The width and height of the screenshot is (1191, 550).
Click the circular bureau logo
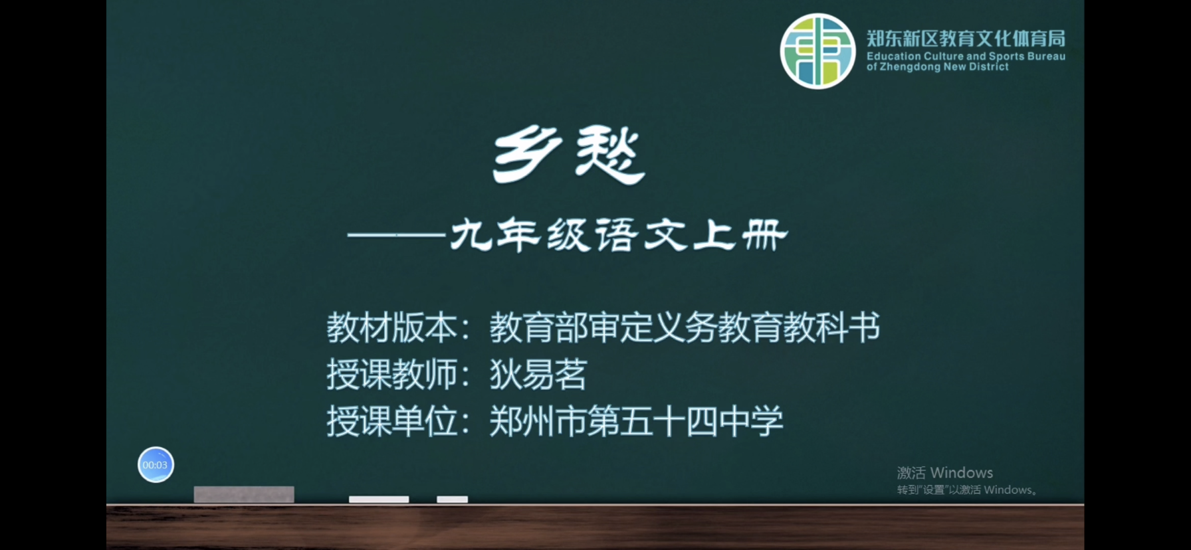817,51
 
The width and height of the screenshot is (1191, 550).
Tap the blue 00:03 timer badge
156,464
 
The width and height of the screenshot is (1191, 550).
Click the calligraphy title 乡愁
569,155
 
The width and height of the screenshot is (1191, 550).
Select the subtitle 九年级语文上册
619,235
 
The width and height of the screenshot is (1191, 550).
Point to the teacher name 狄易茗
538,374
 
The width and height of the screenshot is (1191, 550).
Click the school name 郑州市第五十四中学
636,421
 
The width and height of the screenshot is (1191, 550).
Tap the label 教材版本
392,327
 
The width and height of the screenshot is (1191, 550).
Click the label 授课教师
392,374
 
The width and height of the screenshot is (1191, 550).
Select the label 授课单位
392,421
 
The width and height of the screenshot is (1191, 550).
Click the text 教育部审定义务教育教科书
685,327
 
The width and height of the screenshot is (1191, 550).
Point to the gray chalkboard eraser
244,494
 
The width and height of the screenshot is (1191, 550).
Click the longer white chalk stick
379,499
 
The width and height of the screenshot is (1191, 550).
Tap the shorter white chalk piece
452,499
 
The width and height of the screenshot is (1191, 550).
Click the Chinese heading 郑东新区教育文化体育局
966,39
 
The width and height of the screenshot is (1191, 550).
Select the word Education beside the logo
894,56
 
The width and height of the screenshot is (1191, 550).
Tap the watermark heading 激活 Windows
945,472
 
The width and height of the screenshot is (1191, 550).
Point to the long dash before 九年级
396,234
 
